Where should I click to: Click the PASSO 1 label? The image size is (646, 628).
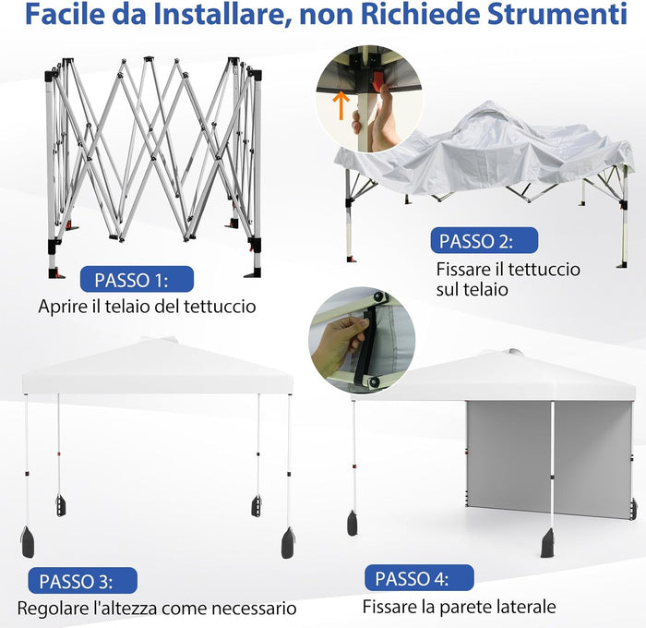pyautogui.click(x=137, y=279)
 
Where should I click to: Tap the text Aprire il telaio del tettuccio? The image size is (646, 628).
pyautogui.click(x=147, y=306)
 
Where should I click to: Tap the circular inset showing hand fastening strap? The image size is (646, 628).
pyautogui.click(x=362, y=339)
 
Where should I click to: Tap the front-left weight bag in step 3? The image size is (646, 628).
pyautogui.click(x=28, y=542)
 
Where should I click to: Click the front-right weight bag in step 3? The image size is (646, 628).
pyautogui.click(x=289, y=543)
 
